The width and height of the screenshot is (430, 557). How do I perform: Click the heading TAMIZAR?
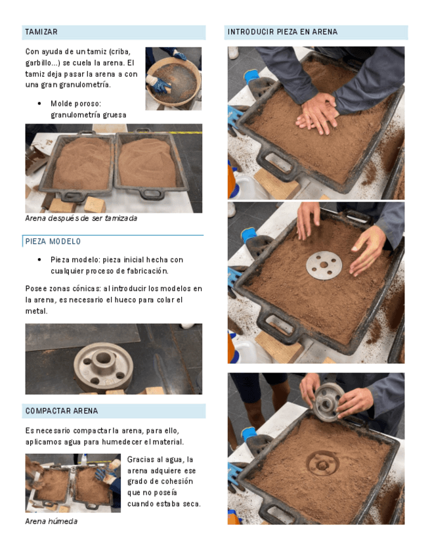[x=41, y=32]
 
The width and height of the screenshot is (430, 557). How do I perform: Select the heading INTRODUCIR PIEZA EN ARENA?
[x=282, y=32]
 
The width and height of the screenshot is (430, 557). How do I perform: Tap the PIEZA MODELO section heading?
[x=53, y=242]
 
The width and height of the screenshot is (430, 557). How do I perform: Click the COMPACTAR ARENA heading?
[x=62, y=411]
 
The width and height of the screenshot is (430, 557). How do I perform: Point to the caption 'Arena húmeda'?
[x=51, y=521]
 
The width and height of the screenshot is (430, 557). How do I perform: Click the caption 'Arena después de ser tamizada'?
[x=81, y=218]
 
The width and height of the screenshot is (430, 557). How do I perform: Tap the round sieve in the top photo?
[x=173, y=81]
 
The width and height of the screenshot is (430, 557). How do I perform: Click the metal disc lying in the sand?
[x=324, y=265]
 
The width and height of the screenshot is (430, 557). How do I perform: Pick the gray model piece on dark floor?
[x=103, y=367]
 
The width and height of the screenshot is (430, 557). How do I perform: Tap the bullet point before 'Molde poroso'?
[x=39, y=104]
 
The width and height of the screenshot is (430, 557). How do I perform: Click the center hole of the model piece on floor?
[x=103, y=357]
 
